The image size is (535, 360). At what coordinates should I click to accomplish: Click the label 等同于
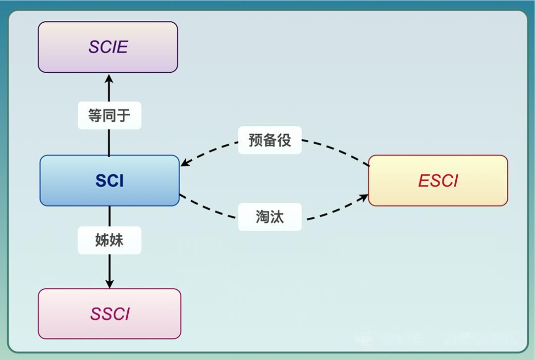109,115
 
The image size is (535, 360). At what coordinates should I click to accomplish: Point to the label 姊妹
109,240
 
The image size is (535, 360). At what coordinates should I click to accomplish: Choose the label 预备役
269,140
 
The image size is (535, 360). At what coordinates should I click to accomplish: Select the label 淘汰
269,217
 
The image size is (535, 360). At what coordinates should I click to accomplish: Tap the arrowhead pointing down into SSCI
109,284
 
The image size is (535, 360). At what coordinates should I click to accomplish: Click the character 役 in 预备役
284,140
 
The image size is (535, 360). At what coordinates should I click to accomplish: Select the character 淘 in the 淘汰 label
263,217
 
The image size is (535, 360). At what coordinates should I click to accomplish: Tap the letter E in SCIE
122,47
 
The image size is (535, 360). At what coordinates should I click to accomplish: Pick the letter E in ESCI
424,181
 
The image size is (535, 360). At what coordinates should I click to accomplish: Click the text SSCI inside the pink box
109,314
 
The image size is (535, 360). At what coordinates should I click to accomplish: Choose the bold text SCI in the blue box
109,181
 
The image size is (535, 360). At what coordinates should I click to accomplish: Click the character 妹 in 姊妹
116,240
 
